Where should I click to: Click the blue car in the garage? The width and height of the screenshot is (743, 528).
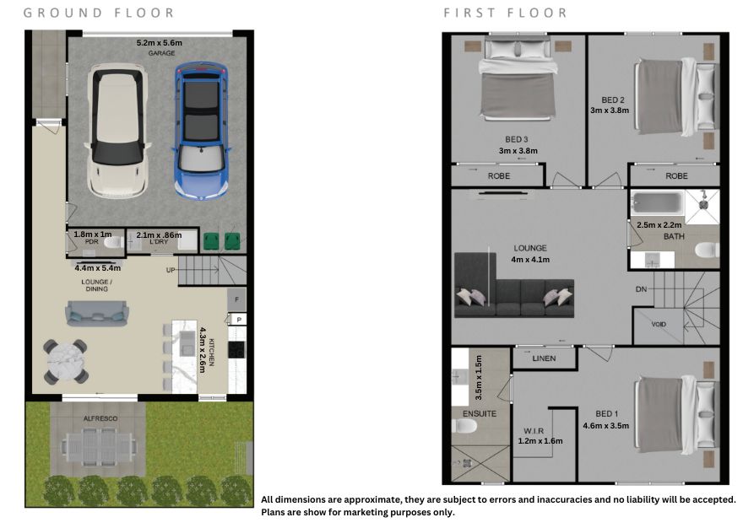[202, 130]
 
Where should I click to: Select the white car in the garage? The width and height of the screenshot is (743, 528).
[117, 131]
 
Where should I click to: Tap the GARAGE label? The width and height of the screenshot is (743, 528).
[161, 53]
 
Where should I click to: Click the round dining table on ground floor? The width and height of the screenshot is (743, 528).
[66, 361]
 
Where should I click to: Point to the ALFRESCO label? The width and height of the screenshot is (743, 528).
[100, 418]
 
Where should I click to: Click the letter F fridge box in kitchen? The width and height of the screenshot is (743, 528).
[237, 299]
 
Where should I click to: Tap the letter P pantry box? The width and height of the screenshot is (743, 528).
[239, 320]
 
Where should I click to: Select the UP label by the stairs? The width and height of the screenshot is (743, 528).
[171, 270]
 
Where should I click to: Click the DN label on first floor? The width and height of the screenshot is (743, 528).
[641, 288]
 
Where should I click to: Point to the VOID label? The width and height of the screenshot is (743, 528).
[659, 325]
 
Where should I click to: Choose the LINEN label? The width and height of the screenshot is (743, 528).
[544, 358]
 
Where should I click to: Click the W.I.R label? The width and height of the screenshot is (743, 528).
[534, 431]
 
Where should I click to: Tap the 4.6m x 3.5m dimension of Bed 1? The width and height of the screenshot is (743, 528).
[606, 426]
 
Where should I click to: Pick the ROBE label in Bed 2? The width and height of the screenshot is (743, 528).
[676, 175]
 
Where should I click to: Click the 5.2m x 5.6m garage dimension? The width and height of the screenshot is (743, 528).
[160, 43]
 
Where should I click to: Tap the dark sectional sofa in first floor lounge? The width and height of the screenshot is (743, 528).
[513, 286]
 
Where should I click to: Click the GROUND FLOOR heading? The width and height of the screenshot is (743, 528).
[99, 13]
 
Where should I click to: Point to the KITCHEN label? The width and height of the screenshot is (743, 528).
[212, 353]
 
